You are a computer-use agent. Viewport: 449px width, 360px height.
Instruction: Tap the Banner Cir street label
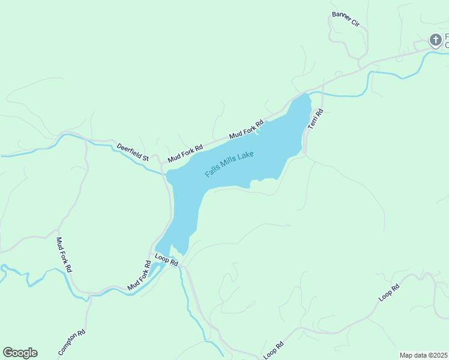(x=345, y=19)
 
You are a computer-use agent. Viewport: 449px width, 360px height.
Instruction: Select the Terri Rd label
(x=316, y=119)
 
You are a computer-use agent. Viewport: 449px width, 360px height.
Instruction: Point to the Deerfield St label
(x=133, y=152)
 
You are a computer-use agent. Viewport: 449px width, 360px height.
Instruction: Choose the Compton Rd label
(x=72, y=343)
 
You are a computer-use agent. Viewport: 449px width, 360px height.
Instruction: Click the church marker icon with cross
(x=435, y=40)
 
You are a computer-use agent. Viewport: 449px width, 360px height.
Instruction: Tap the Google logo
(x=20, y=353)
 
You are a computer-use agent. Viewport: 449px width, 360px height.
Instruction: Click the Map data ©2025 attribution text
(x=424, y=355)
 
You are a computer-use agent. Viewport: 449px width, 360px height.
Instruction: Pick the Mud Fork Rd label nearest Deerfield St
(x=185, y=154)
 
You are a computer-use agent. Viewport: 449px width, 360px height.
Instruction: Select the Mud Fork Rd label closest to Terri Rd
(x=246, y=130)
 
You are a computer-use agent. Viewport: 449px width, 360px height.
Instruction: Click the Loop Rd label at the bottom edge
(x=273, y=350)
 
